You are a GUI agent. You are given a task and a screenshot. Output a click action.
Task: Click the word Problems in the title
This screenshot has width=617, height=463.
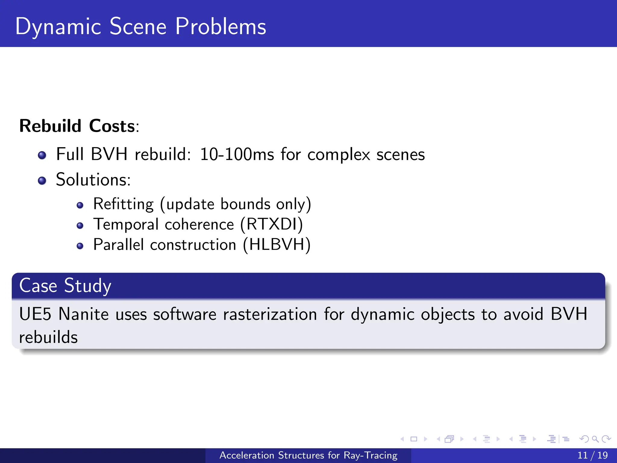click(221, 27)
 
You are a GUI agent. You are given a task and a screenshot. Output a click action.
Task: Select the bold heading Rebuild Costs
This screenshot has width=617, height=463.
click(77, 126)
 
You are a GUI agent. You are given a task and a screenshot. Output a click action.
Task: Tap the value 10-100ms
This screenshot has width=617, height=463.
click(237, 154)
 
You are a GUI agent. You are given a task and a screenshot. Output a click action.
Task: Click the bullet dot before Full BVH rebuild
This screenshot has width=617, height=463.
click(42, 155)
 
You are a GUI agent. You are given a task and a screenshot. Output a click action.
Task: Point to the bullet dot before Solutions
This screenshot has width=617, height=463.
click(42, 181)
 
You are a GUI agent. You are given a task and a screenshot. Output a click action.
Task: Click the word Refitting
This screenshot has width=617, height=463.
click(124, 204)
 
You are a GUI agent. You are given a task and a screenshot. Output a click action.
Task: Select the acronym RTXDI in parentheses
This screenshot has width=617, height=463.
click(272, 224)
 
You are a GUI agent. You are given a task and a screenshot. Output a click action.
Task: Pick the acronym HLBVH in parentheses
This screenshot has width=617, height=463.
click(277, 244)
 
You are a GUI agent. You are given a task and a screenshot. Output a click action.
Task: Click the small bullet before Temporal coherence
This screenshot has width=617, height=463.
click(80, 225)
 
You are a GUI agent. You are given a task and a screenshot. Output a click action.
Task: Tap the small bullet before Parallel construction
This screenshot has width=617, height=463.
click(80, 246)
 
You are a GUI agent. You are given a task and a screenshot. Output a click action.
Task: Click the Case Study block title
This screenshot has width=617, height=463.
click(65, 285)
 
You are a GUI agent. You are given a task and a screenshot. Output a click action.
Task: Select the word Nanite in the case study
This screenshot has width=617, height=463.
click(83, 314)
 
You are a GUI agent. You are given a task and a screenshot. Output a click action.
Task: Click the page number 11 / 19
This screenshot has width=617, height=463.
click(592, 455)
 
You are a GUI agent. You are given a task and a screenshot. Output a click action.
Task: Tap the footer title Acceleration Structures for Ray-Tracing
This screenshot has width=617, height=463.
click(308, 455)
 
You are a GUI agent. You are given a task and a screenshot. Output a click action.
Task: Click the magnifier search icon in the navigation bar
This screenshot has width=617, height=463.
click(595, 439)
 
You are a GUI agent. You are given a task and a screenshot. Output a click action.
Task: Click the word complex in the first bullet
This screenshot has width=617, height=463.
click(339, 155)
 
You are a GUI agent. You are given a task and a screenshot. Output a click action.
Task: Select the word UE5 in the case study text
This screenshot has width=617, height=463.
click(35, 314)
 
